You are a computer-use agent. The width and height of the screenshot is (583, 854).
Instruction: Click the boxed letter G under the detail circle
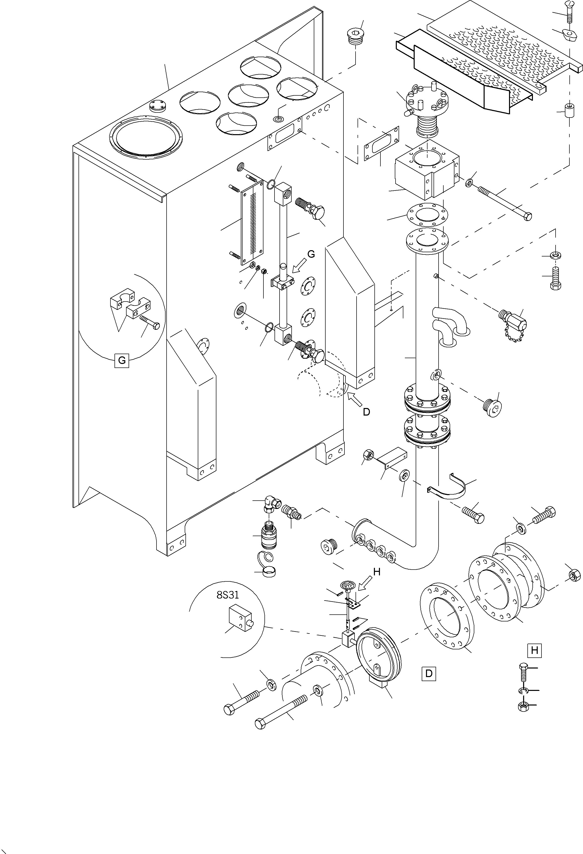pos(122,360)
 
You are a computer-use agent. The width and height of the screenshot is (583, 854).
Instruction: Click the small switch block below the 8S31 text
pos(241,616)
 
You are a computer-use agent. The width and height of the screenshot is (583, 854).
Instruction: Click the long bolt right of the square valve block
pos(505,203)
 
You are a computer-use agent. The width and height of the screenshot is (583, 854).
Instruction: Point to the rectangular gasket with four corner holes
pos(381,144)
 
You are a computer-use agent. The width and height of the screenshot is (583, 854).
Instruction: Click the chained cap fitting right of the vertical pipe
pos(513,320)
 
